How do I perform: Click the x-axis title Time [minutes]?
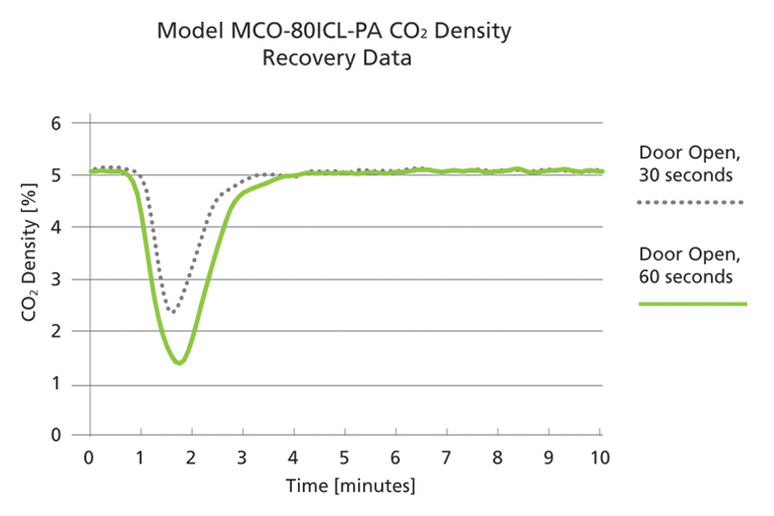(x=350, y=485)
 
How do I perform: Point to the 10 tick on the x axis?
(x=599, y=458)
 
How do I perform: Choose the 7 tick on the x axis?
(x=445, y=458)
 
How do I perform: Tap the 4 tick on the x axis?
(x=293, y=458)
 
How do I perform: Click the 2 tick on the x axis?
(x=192, y=458)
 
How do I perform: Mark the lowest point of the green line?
(x=178, y=363)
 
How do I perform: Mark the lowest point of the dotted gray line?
(x=172, y=312)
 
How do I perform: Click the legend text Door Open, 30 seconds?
(x=685, y=164)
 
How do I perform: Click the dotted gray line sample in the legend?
(x=690, y=202)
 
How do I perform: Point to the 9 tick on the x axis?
(x=548, y=458)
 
